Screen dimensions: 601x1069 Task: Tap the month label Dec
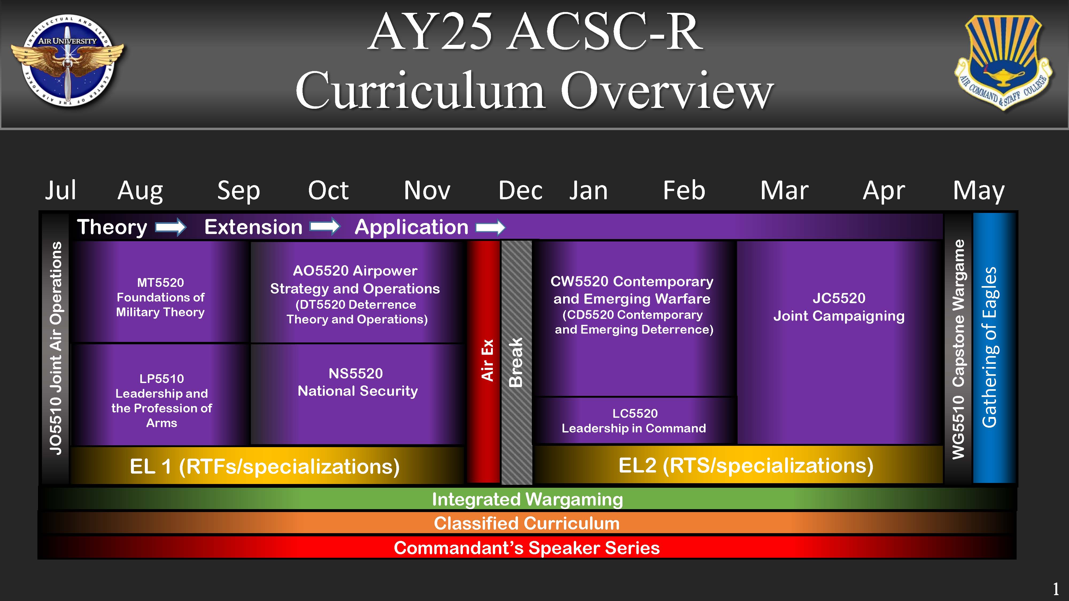pos(520,191)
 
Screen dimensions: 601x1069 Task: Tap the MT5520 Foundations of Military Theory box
pos(161,297)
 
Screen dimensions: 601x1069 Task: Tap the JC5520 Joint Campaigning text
pos(839,307)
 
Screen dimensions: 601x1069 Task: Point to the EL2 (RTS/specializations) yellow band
pos(745,465)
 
